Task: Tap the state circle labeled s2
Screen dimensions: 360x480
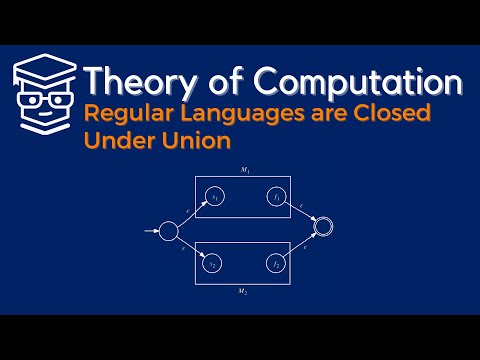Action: point(212,264)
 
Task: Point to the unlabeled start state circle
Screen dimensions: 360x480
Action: point(168,232)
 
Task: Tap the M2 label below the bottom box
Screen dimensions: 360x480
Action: point(242,291)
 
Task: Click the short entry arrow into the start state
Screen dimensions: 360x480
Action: point(151,232)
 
